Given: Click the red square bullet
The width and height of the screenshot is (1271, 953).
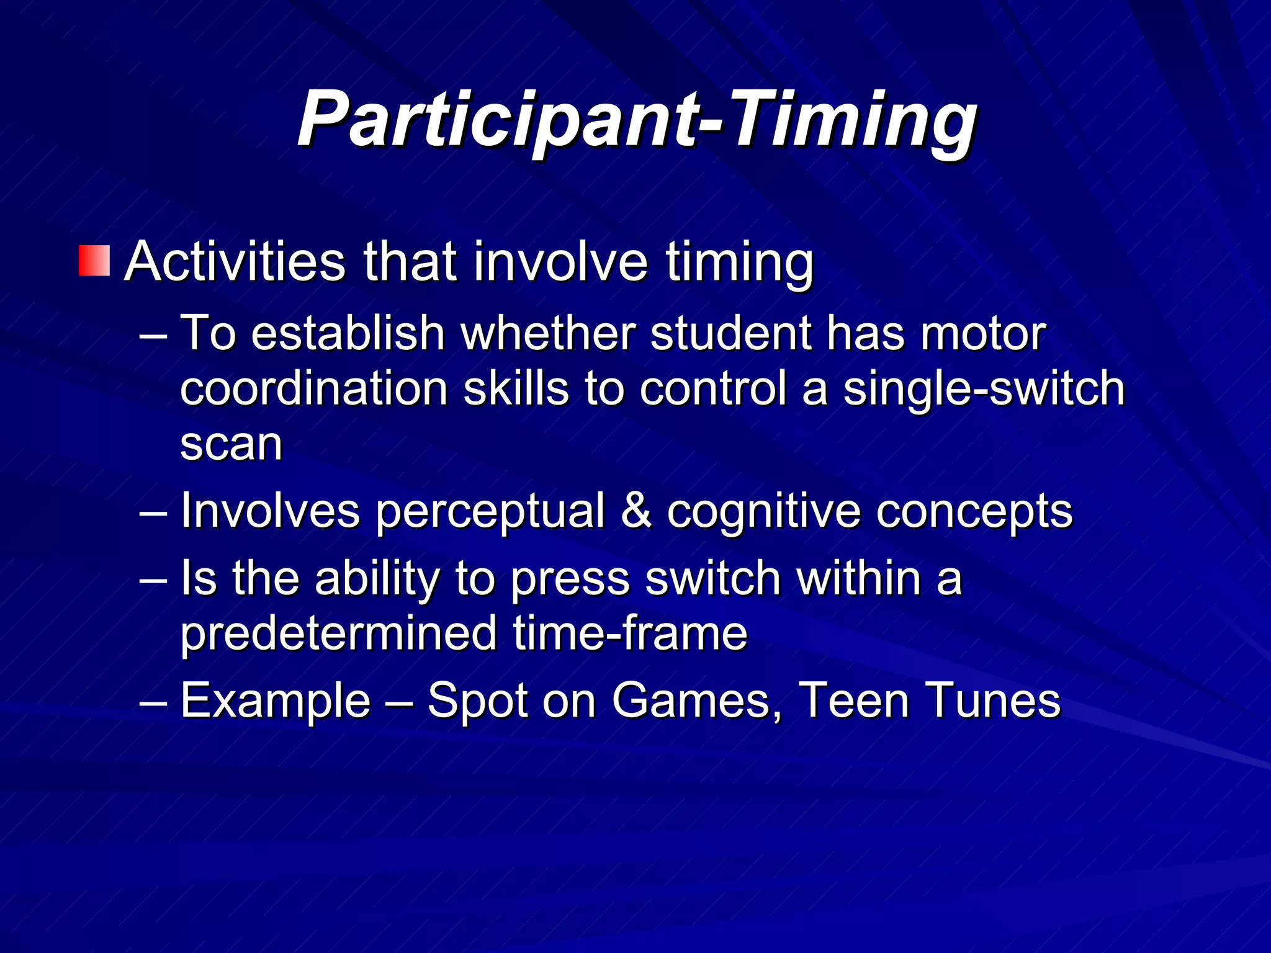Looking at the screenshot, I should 94,261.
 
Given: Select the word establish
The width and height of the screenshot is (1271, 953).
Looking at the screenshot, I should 348,334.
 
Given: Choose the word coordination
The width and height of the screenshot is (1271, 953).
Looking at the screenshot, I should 314,388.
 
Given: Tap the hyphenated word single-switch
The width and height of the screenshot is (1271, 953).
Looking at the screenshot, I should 984,390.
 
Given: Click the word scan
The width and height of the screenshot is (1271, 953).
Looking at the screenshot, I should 231,444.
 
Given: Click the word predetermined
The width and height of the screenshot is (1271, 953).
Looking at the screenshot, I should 339,633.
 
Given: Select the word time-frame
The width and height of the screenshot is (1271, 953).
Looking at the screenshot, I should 630,633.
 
